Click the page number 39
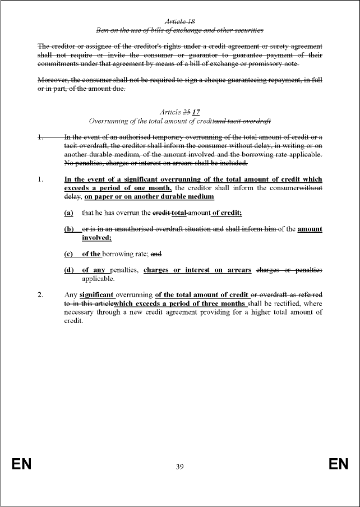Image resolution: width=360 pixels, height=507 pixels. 179,466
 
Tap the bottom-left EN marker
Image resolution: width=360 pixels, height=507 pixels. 21,464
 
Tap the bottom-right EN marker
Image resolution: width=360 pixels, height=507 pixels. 339,464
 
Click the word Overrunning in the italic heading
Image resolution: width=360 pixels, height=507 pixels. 109,121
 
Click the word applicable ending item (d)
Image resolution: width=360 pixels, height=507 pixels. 98,279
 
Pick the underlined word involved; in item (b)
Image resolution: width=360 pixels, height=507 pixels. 97,238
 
